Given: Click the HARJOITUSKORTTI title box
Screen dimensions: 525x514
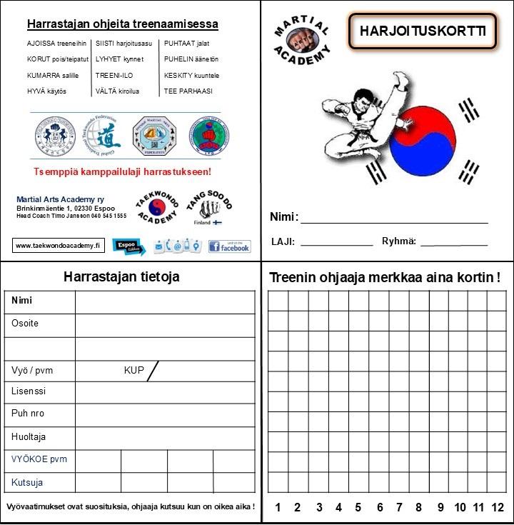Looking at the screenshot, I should (423, 31).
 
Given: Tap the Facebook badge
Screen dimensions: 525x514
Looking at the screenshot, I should (229, 246).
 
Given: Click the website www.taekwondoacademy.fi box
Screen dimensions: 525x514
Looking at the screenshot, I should (59, 245).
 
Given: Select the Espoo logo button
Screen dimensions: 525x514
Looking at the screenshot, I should (128, 246).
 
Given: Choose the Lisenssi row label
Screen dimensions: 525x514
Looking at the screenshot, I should (29, 391).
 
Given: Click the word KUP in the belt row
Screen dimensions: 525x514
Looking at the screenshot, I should (133, 371).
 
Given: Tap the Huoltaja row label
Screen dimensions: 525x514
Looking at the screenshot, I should (29, 436).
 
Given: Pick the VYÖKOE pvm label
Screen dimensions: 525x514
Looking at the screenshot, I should (39, 459).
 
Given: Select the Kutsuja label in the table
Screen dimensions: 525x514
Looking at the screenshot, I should (28, 482).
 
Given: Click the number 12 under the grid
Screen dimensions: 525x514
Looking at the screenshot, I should (498, 508).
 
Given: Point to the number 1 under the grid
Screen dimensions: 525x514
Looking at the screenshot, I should (278, 508).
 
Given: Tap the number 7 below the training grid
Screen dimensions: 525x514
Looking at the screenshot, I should (399, 508).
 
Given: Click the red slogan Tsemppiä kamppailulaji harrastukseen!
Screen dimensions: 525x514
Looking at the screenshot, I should (122, 172).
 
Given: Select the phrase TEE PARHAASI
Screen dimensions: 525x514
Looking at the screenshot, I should (188, 91).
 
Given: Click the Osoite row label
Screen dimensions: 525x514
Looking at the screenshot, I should (25, 324).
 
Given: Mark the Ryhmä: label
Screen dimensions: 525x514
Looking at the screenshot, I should (399, 241).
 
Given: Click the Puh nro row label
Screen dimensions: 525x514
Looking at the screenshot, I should (28, 413).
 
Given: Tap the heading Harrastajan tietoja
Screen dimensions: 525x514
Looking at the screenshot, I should (121, 276).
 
